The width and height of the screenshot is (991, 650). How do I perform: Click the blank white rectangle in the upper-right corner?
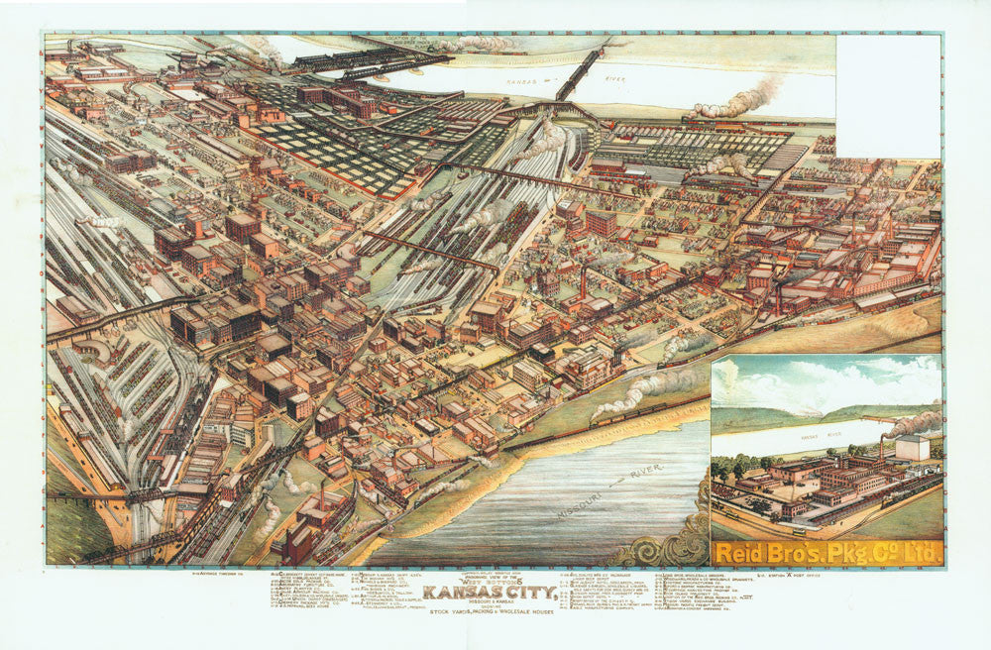pyautogui.click(x=888, y=96)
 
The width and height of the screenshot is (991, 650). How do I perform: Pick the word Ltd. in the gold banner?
pyautogui.click(x=920, y=553)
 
